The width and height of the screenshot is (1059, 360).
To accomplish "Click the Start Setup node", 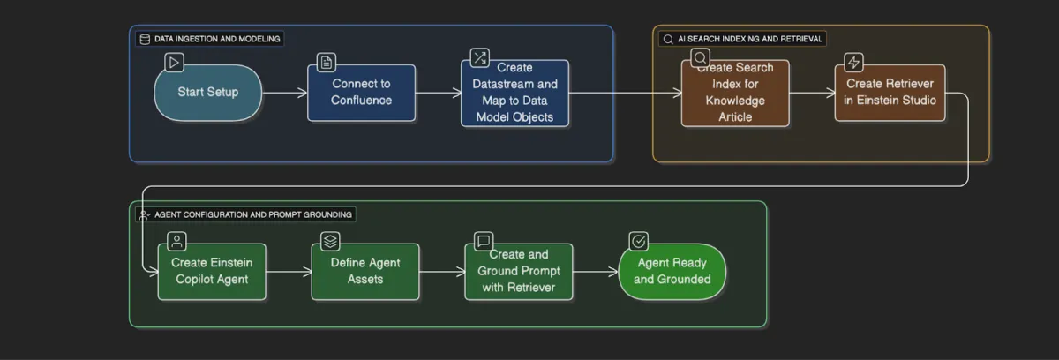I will [208, 93].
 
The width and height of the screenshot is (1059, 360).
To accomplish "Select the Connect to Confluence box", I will [361, 93].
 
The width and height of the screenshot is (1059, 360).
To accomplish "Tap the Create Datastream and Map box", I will [514, 94].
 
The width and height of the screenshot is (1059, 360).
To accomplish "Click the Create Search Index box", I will [734, 94].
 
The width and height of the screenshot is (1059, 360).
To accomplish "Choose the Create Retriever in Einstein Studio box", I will [890, 93].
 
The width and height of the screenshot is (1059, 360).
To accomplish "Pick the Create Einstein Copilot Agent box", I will [212, 272].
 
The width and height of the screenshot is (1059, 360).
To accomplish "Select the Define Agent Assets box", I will [364, 272].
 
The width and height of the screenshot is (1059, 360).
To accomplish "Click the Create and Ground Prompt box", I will [518, 272].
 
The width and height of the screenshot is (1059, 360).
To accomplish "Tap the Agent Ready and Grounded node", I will [672, 272].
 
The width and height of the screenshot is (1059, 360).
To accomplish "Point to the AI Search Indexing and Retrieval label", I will [749, 39].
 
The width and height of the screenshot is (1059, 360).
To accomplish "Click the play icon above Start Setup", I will [174, 62].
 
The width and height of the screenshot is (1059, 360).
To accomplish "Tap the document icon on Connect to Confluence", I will [327, 62].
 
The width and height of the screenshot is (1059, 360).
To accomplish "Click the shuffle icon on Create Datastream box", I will [479, 58].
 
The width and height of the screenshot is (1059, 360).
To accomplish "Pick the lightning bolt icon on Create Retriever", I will [853, 62].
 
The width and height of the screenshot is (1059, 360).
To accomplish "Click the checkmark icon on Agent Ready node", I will [638, 241].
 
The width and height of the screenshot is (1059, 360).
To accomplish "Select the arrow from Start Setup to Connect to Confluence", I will [284, 93].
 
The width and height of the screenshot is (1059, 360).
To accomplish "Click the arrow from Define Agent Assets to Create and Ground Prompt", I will [441, 272].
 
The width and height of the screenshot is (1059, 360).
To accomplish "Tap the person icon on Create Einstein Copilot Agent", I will [177, 241].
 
